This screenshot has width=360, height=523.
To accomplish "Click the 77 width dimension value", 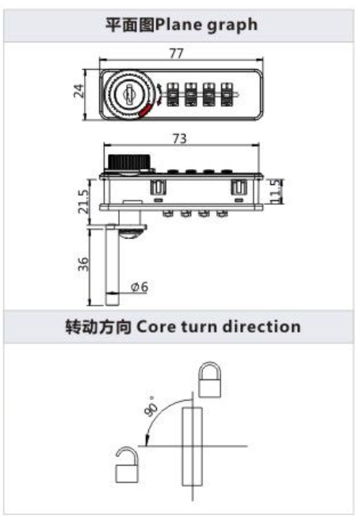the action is (x=176, y=53).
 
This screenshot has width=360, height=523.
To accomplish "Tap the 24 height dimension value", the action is (x=79, y=90).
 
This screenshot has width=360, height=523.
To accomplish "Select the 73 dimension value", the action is (x=180, y=138).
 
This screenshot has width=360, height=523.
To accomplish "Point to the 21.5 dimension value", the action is (x=83, y=202).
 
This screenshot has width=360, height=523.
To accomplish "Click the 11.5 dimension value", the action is (x=276, y=191).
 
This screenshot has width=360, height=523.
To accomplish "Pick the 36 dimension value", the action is (x=83, y=263).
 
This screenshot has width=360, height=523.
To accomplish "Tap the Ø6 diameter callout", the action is (x=140, y=286).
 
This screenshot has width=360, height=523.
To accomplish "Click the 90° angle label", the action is (x=151, y=406).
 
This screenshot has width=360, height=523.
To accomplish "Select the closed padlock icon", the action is (x=209, y=379).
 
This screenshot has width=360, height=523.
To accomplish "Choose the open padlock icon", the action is (x=126, y=464).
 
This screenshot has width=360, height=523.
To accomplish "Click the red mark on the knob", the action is (x=145, y=111).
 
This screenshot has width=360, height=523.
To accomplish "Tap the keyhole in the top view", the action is (x=128, y=94).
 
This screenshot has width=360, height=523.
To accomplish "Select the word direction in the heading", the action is (x=262, y=326).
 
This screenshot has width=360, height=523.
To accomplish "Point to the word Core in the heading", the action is (x=156, y=326).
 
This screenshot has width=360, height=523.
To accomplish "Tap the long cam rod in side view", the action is (x=112, y=264).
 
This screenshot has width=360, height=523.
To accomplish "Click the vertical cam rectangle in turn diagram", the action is (x=193, y=446).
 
